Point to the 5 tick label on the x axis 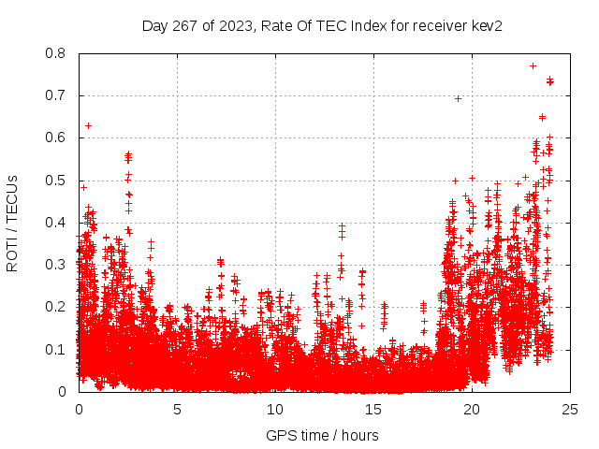click(177, 410)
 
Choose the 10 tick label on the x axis click(275, 410)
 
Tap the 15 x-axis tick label click(373, 410)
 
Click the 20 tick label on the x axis click(472, 410)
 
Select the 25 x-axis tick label click(570, 410)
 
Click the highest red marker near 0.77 click(533, 65)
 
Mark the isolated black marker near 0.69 click(458, 98)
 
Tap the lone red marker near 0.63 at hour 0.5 click(88, 125)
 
